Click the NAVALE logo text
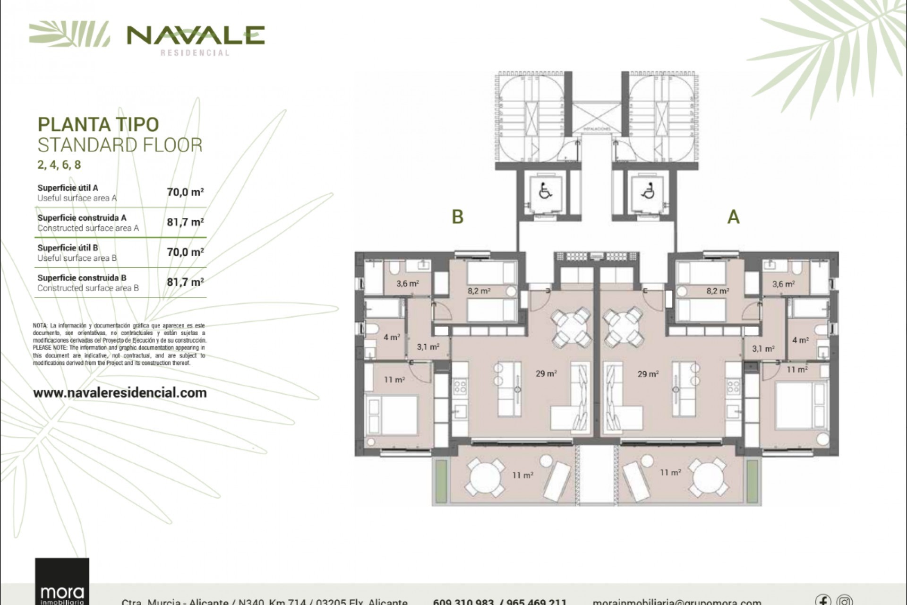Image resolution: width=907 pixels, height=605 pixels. [196, 35]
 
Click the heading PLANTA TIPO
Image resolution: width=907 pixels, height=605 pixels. [98, 124]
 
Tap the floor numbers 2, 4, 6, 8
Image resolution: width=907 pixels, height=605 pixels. [59, 165]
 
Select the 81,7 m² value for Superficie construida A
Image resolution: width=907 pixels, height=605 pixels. [185, 222]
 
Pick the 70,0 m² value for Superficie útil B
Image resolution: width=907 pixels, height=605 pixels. [185, 252]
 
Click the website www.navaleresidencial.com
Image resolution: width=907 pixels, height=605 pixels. [120, 393]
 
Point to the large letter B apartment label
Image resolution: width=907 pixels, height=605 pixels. [457, 216]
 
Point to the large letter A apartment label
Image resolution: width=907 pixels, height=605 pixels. [733, 216]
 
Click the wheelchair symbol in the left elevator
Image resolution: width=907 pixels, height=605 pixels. [545, 191]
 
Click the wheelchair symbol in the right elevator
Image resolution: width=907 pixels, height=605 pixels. [648, 191]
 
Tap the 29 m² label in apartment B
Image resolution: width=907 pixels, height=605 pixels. [546, 374]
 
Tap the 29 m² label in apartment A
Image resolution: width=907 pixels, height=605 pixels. [648, 374]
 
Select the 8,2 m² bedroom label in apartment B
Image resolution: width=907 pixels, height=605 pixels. [478, 291]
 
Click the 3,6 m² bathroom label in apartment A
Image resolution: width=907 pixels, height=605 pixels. [783, 284]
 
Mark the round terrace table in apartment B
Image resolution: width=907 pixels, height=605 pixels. [485, 478]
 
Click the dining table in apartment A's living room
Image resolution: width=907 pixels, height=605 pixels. [624, 327]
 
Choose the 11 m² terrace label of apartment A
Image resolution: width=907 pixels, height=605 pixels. [670, 473]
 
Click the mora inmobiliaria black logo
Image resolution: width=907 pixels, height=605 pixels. [62, 582]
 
